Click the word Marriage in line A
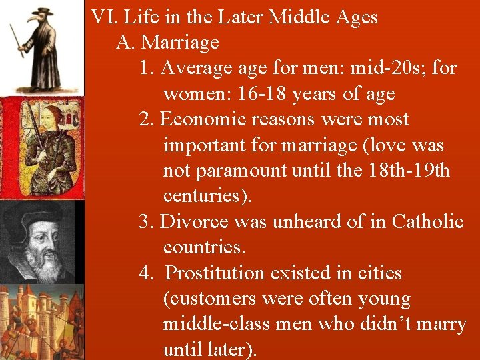click(x=180, y=43)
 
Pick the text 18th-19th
click(x=408, y=171)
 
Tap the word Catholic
click(x=427, y=221)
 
